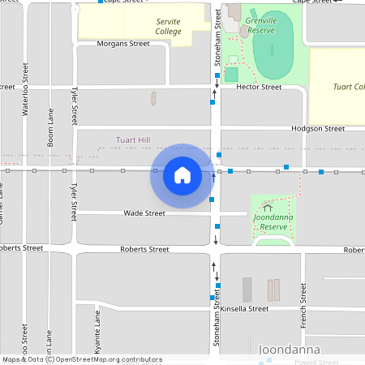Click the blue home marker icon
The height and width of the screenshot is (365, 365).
point(182,175)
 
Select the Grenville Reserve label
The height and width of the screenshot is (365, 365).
point(261,24)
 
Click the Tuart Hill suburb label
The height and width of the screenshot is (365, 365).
point(133,140)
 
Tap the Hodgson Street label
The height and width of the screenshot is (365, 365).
point(319,128)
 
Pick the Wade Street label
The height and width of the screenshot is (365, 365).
point(144,213)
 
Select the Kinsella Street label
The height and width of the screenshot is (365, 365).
point(244,309)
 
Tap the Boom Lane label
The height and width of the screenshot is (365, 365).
point(50,128)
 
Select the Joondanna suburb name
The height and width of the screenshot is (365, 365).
point(288,350)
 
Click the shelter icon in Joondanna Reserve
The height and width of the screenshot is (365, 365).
point(268,208)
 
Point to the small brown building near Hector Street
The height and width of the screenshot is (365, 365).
point(153,98)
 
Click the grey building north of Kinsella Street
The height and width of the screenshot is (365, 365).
point(247,290)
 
